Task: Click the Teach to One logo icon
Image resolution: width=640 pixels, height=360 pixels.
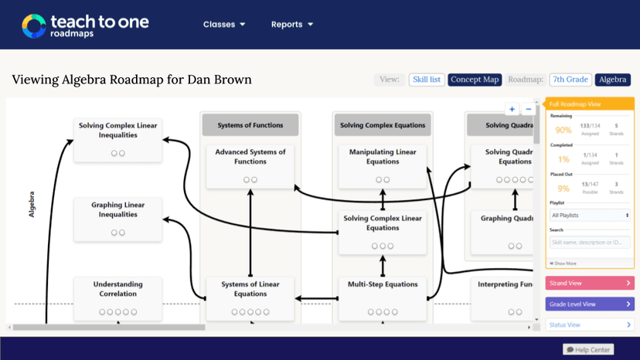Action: (x=34, y=25)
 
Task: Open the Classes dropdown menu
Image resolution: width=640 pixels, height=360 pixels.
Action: (x=224, y=25)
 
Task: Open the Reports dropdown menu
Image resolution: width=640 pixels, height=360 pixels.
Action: (x=291, y=25)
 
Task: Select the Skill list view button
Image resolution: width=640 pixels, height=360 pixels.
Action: (x=426, y=80)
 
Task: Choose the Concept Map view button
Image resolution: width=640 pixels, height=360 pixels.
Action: (x=475, y=80)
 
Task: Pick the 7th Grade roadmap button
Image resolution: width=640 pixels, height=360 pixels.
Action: (x=570, y=80)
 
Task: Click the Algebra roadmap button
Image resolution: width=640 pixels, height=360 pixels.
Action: (x=613, y=80)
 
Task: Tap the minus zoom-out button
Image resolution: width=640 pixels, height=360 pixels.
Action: (x=528, y=110)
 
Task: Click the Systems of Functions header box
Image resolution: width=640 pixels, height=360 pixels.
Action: (x=250, y=125)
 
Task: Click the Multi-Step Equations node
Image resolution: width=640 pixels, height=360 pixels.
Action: (x=383, y=297)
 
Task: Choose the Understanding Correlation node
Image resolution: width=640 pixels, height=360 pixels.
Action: (x=118, y=297)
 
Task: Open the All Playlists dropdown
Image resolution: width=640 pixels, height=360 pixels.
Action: (x=590, y=215)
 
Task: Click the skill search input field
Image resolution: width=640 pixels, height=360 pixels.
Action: (x=590, y=243)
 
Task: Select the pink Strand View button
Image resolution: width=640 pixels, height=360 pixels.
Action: (x=590, y=284)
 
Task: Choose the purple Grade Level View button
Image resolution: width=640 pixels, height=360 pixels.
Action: (x=590, y=304)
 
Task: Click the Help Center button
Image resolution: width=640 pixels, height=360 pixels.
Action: (x=588, y=350)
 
